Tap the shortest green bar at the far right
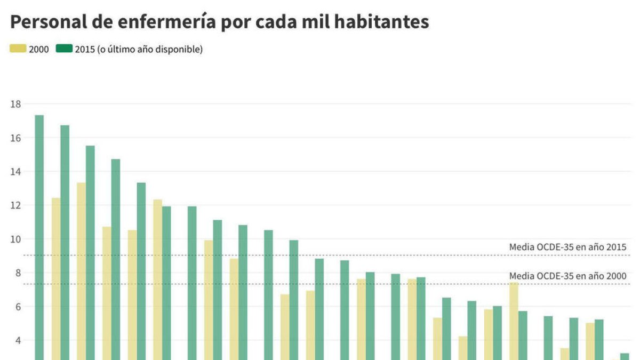pos(625,356)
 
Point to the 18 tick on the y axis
pos(15,104)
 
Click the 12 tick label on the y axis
pos(15,205)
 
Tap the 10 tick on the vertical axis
pos(15,239)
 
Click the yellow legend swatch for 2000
pos(18,49)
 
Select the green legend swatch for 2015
pos(64,49)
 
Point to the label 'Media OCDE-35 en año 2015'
pos(567,247)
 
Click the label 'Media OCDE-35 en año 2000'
pos(567,276)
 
